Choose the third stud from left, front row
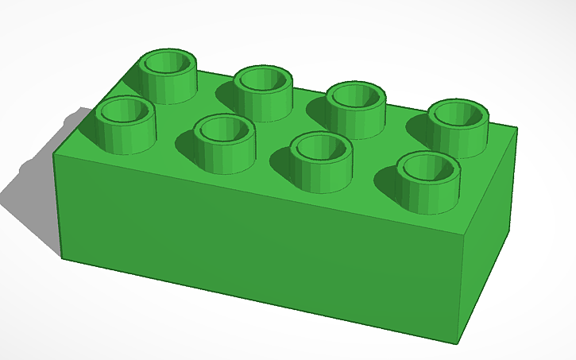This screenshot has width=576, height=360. (321, 155)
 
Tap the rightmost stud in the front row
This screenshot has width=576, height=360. (427, 174)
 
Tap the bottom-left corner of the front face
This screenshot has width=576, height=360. (62, 257)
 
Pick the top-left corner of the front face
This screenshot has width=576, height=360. (53, 152)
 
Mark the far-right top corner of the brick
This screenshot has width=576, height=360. (517, 127)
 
